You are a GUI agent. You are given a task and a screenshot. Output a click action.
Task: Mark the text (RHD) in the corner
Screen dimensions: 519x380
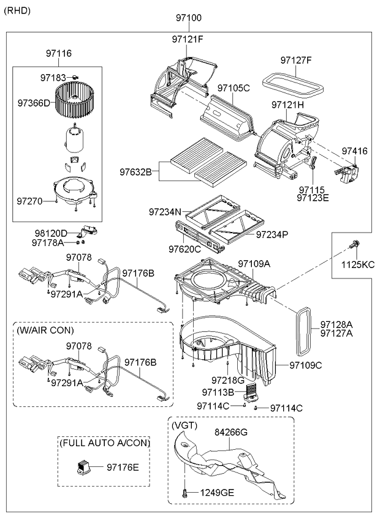17,10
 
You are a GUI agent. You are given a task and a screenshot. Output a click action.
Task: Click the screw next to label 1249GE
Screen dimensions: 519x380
184,491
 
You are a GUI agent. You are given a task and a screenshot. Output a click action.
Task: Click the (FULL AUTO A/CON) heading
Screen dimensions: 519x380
105,442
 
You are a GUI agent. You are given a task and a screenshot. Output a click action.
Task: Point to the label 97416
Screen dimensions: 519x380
354,151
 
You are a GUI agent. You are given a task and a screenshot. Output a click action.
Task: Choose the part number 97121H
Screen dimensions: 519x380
288,105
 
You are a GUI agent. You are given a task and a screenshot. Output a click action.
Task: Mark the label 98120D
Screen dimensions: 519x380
50,233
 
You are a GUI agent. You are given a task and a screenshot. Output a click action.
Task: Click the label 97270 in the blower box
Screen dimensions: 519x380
30,201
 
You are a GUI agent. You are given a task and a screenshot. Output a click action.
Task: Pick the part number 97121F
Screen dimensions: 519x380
187,39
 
